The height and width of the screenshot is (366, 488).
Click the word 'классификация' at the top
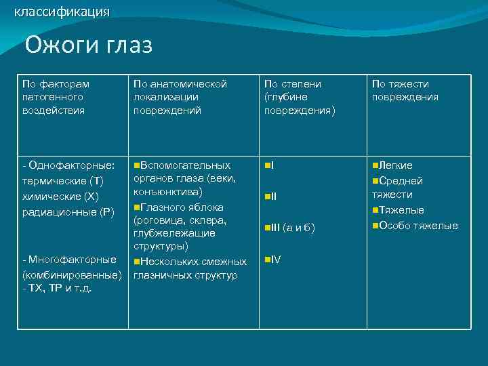click(62, 12)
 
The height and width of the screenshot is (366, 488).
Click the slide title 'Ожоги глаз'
click(89, 45)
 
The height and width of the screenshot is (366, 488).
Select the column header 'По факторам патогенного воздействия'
click(56, 97)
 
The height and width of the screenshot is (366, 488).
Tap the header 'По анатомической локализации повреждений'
click(180, 97)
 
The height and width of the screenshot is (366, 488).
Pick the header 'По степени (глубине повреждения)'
click(299, 97)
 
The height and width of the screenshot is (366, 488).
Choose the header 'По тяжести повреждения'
click(405, 90)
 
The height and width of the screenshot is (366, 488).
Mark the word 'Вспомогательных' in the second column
click(186, 165)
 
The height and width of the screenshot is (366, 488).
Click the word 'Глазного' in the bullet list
click(163, 207)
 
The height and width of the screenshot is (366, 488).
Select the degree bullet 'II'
click(273, 197)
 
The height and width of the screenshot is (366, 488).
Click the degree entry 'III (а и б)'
click(292, 227)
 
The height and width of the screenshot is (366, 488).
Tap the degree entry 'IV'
click(275, 260)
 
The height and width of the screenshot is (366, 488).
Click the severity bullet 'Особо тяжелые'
click(418, 226)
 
